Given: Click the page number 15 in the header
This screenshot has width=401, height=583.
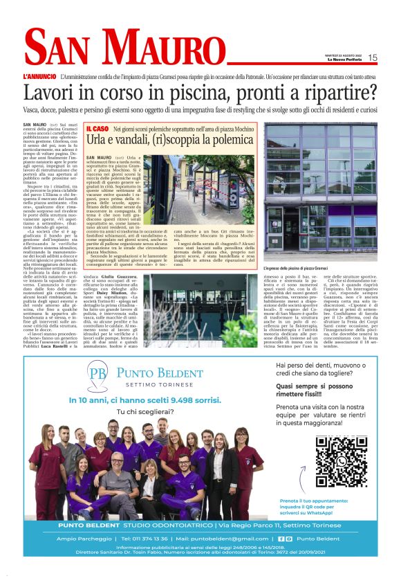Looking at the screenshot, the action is [373, 57].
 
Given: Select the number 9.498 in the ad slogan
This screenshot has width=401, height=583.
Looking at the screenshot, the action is [176, 400].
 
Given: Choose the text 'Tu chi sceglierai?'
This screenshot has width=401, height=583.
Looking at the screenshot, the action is [148, 413].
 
